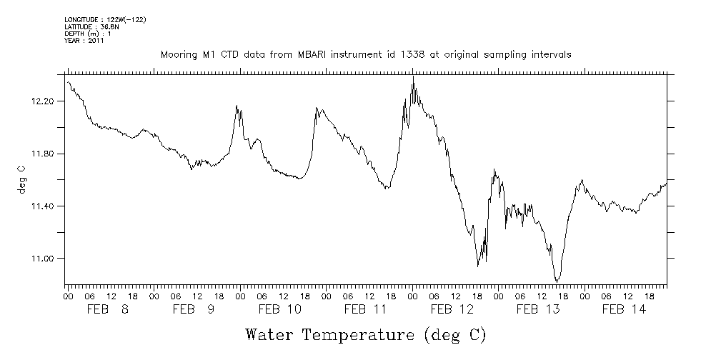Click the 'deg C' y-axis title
(21, 180)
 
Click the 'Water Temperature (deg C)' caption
(367, 334)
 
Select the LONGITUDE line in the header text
(105, 19)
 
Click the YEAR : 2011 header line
(84, 41)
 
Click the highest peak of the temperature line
(413, 77)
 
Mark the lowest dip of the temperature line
(557, 281)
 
